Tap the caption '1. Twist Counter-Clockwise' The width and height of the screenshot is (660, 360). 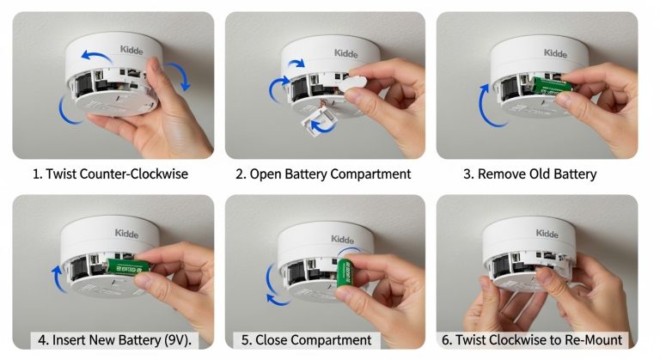coord(110,174)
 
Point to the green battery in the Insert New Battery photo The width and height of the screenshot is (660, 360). coord(129,270)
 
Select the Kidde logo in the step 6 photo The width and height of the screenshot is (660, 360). coord(547,234)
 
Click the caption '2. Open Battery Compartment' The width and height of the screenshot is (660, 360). coord(323,174)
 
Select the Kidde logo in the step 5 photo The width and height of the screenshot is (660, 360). coord(342,238)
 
